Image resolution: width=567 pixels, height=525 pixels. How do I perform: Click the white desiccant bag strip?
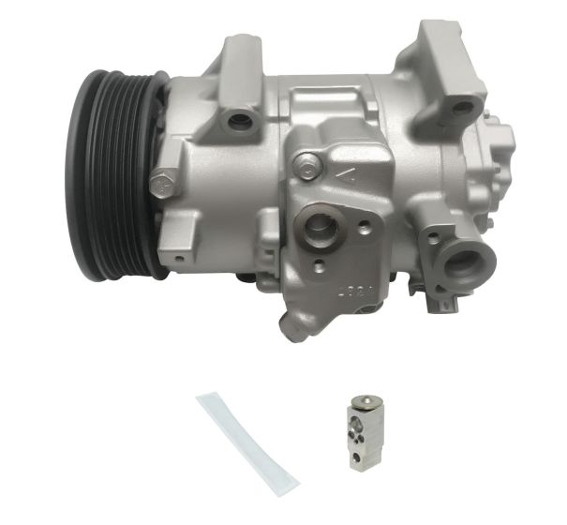click(x=246, y=440)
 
